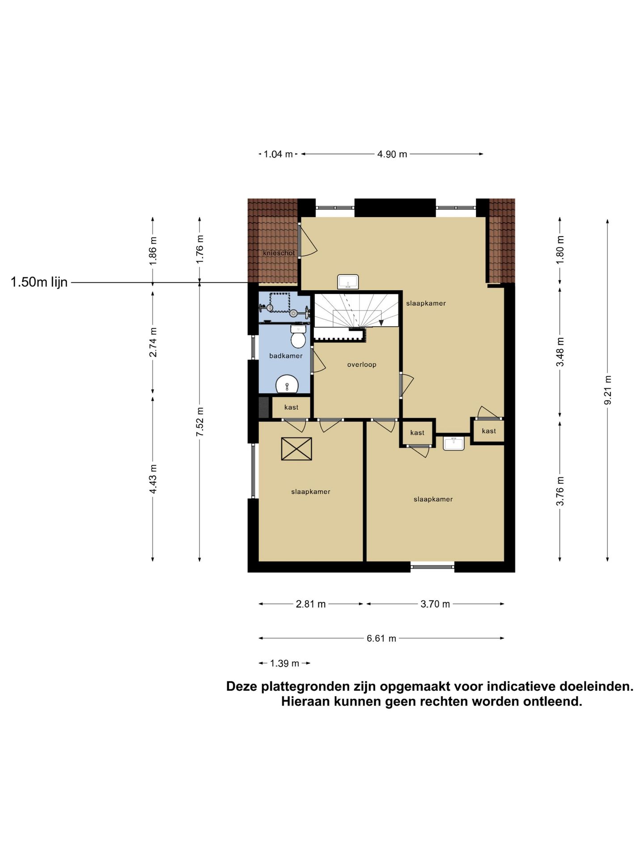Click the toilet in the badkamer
298,336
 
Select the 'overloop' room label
362,365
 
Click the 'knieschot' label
279,253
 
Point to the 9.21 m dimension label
607,390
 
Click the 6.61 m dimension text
381,638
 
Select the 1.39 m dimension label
284,663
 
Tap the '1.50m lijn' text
39,282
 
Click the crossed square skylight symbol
297,449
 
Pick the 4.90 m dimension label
392,154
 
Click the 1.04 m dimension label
278,154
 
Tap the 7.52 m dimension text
200,422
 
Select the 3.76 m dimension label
560,491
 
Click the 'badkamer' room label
286,356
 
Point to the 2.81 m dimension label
311,604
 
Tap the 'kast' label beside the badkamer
291,407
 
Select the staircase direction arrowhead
381,322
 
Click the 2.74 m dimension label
153,342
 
